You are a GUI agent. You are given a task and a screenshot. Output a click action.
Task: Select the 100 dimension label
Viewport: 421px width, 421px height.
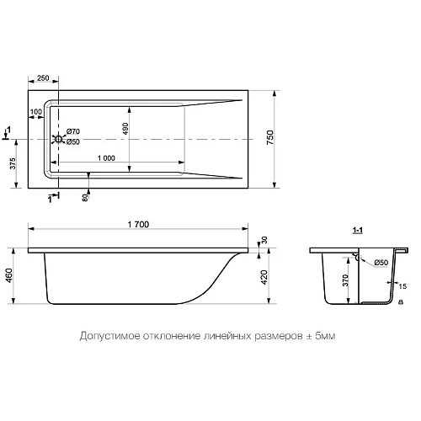pyautogui.click(x=36, y=111)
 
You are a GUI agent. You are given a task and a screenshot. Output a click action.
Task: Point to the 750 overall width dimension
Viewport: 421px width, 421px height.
pyautogui.click(x=270, y=140)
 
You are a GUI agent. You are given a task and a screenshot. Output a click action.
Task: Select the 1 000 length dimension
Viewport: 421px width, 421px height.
pyautogui.click(x=106, y=158)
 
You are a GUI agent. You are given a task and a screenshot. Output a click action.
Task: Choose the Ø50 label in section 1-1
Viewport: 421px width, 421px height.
pyautogui.click(x=381, y=264)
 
